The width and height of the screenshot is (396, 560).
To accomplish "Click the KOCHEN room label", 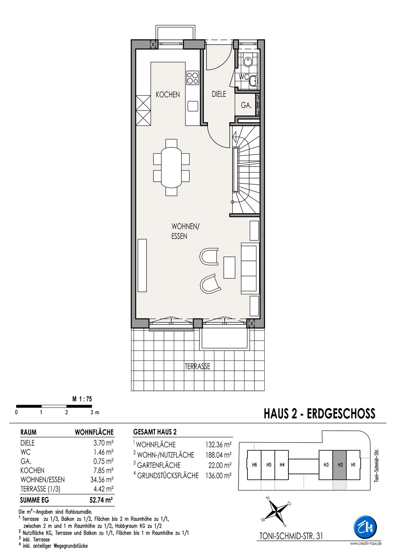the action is [168, 95].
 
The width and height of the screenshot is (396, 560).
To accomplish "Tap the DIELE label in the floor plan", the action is [219, 94].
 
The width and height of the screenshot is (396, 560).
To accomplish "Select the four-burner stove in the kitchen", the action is [193, 78].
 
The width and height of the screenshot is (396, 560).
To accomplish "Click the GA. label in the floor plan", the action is [246, 105].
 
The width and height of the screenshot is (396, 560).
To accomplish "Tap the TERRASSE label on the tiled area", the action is [197, 366].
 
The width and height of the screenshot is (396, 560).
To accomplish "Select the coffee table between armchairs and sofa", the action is [229, 267].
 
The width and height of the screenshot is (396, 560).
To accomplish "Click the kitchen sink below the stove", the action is [193, 106].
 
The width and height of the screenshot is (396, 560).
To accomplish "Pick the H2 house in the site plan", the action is [340, 465].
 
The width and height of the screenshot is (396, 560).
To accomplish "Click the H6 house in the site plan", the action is [254, 465].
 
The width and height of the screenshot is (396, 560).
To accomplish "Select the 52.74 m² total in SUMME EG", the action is [101, 500].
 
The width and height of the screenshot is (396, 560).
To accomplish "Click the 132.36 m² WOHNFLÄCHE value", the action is [218, 445].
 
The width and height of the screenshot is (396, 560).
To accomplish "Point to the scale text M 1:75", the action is [82, 399].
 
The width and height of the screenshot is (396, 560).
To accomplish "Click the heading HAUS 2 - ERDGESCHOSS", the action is [319, 414].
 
